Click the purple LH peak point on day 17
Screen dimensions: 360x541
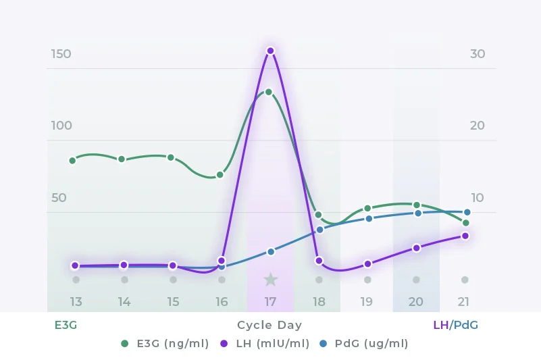click(270, 51)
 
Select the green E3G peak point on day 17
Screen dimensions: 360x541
click(268, 92)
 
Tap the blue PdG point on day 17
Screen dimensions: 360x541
click(270, 251)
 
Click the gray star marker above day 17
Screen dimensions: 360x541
click(270, 279)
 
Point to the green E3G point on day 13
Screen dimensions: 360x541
click(72, 160)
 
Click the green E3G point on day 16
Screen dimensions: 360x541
click(220, 175)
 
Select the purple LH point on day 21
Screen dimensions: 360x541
click(465, 236)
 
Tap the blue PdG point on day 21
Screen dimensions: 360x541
click(467, 212)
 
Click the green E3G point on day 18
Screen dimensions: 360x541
click(318, 215)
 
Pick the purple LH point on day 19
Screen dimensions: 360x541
click(368, 264)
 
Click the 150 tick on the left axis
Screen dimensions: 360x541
click(61, 54)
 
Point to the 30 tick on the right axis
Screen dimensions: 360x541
click(478, 54)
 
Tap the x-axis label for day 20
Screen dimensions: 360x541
click(416, 302)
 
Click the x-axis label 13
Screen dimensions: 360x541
click(76, 302)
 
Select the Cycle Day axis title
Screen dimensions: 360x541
click(269, 325)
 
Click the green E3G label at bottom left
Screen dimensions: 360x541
click(66, 325)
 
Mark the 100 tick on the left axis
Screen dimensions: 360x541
click(61, 126)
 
